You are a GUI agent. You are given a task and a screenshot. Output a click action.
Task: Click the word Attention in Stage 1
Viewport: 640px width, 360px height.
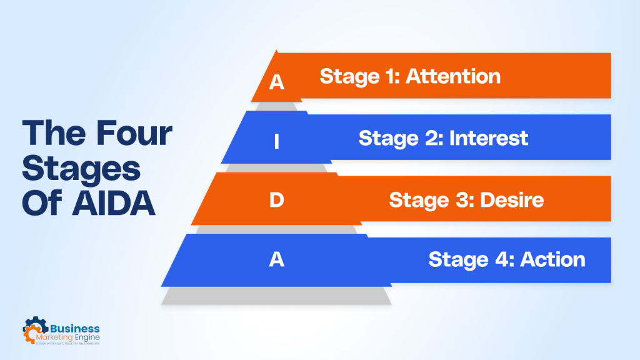[x=453, y=76]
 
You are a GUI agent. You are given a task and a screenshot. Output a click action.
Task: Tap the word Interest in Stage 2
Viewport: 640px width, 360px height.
[x=489, y=137]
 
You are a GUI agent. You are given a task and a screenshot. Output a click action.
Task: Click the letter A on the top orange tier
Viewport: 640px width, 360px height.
[x=276, y=83]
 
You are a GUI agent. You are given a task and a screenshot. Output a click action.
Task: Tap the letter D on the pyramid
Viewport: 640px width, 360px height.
[x=276, y=201]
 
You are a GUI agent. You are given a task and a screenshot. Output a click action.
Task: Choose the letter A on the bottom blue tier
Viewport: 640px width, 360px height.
[x=276, y=260]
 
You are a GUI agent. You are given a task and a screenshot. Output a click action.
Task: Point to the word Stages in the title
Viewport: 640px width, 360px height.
[x=78, y=169]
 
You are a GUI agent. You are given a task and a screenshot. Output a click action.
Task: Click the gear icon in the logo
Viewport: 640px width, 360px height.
[x=35, y=330]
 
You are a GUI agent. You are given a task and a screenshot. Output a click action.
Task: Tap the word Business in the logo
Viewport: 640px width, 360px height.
[x=74, y=328]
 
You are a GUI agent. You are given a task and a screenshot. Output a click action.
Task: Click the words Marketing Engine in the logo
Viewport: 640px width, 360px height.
[x=74, y=338]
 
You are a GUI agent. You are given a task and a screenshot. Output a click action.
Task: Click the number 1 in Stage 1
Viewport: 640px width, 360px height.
[x=393, y=76]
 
